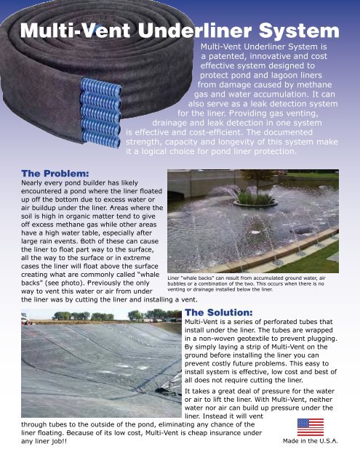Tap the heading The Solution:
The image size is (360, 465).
pyautogui.click(x=219, y=312)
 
